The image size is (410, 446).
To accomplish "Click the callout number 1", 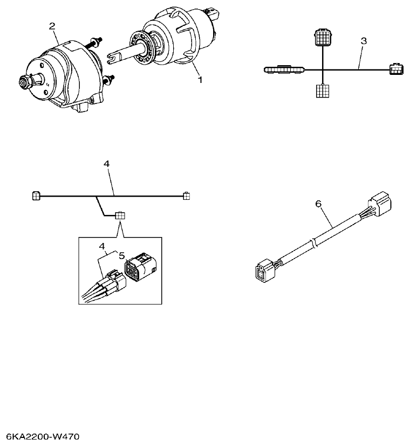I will (200, 80).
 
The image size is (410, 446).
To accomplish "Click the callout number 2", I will (52, 26).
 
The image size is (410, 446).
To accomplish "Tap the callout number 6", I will (318, 204).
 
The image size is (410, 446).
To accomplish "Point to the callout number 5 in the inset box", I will (122, 255).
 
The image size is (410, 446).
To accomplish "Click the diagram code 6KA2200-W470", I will (43, 435).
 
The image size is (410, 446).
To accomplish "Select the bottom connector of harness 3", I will (322, 90).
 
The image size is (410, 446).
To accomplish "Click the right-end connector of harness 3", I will (395, 69).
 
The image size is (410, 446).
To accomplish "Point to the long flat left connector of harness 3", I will (285, 69).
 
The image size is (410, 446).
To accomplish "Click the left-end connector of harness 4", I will (37, 196).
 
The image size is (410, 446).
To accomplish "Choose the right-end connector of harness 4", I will (186, 196).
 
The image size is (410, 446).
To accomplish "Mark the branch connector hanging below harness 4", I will (119, 215).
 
